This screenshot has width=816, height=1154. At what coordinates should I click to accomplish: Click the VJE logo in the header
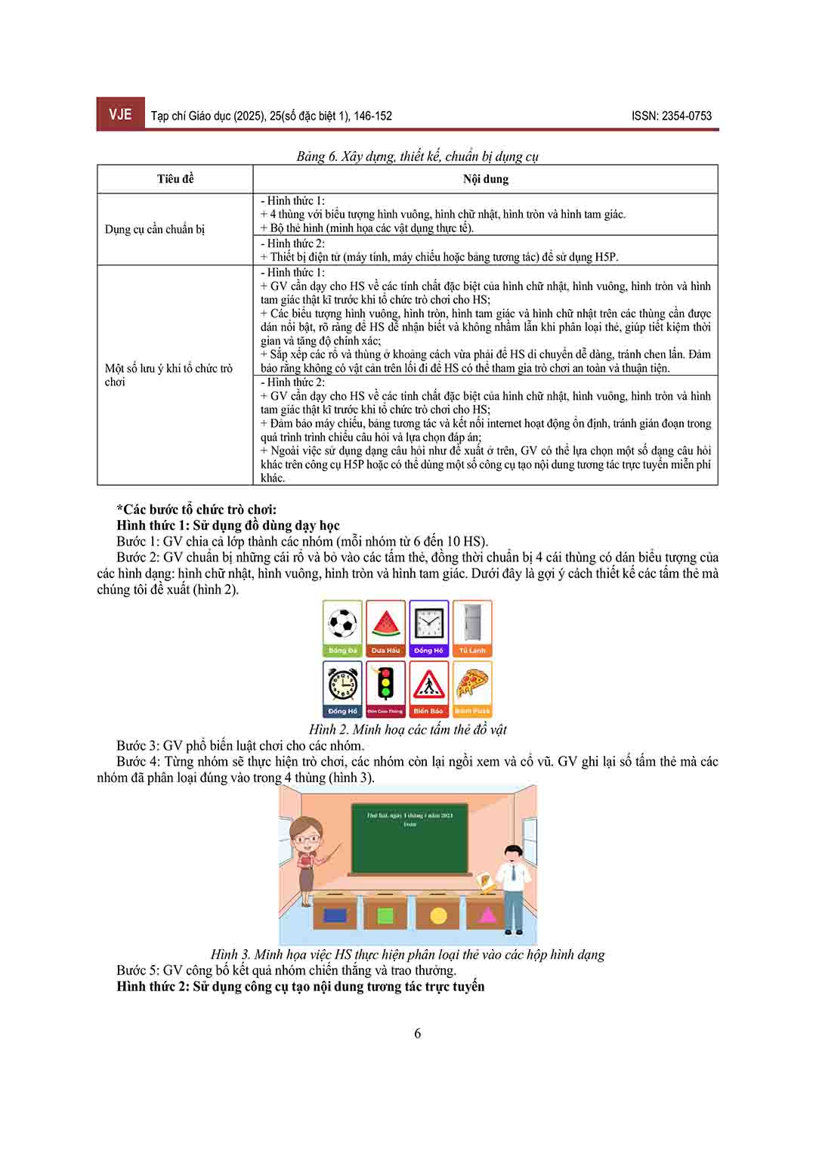[x=120, y=114]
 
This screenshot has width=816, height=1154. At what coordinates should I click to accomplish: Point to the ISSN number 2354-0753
[x=672, y=116]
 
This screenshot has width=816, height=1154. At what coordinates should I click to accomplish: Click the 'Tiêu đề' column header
[x=175, y=179]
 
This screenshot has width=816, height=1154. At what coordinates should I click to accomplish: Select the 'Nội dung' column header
[x=485, y=179]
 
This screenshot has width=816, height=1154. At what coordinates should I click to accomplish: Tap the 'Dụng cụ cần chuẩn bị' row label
[x=155, y=229]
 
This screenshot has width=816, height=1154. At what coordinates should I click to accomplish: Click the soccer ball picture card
[x=342, y=628]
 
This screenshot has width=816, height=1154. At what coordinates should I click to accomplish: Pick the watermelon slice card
[x=385, y=628]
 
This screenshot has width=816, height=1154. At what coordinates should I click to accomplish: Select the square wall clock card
[x=428, y=628]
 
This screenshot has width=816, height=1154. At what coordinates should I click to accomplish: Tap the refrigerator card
[x=472, y=628]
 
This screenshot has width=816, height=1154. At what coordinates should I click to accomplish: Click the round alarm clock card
[x=342, y=688]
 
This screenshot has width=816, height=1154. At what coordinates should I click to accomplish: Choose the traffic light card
[x=385, y=688]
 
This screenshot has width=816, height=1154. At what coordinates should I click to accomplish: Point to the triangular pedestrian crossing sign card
[x=428, y=688]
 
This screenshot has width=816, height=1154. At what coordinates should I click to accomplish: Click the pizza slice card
[x=472, y=688]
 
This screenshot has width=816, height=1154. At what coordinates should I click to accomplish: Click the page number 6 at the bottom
[x=418, y=1033]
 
